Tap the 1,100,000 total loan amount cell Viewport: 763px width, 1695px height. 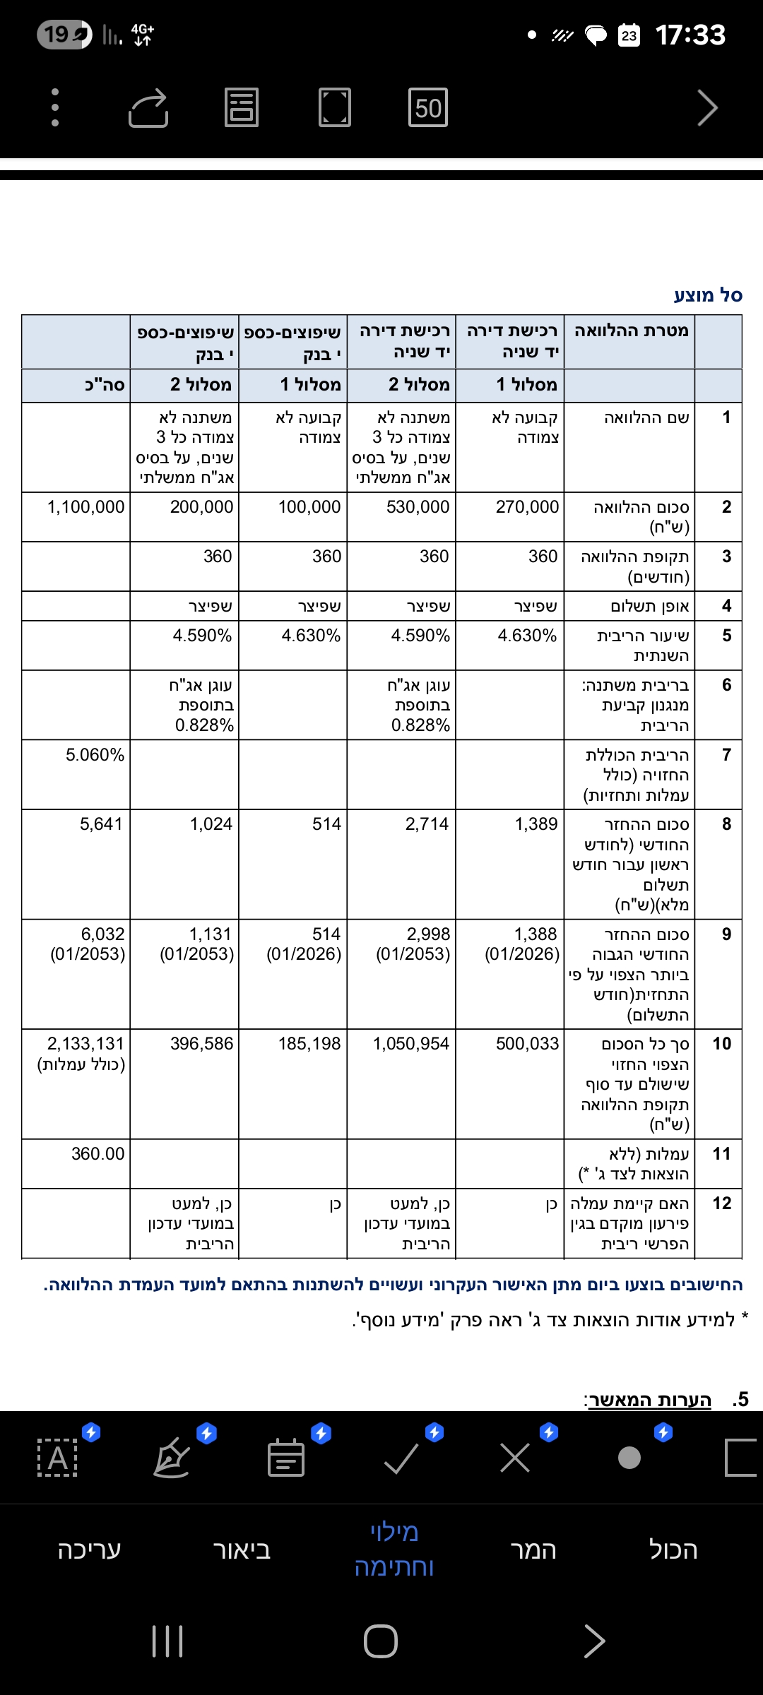85,507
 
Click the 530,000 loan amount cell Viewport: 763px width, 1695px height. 418,507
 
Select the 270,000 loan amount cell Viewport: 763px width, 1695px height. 527,507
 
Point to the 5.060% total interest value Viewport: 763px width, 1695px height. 95,755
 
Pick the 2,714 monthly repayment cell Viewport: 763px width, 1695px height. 427,824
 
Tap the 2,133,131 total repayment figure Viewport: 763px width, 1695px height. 85,1044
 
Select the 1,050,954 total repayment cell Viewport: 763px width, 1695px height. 410,1044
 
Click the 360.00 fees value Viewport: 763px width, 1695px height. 97,1154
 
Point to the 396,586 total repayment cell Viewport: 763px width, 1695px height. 201,1044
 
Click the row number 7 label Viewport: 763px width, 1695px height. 726,755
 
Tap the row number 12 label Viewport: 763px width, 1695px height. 721,1203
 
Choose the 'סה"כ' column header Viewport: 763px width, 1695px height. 105,385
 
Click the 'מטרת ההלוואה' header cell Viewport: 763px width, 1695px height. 631,331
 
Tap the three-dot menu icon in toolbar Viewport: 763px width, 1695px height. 55,108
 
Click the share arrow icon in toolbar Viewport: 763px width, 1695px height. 148,108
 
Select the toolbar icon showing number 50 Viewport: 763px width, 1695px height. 428,108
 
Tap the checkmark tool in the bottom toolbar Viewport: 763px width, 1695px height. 401,1458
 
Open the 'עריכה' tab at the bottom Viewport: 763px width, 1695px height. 90,1550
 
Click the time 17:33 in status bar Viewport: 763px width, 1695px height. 690,35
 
